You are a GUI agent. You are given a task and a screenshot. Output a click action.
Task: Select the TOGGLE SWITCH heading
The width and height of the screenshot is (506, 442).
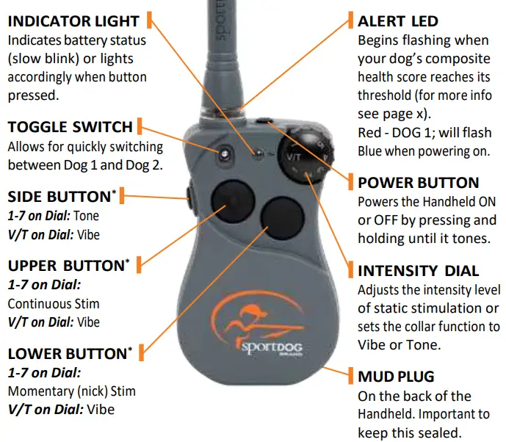click(x=70, y=126)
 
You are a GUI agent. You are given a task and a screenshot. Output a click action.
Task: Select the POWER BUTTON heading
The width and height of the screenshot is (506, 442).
click(x=418, y=182)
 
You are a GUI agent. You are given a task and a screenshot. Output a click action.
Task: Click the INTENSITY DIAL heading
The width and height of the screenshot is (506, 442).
click(x=418, y=270)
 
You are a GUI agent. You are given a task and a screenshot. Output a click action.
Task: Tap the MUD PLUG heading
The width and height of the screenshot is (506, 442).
click(x=396, y=377)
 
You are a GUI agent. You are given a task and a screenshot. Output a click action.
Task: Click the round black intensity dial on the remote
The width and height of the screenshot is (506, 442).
click(x=309, y=151)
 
